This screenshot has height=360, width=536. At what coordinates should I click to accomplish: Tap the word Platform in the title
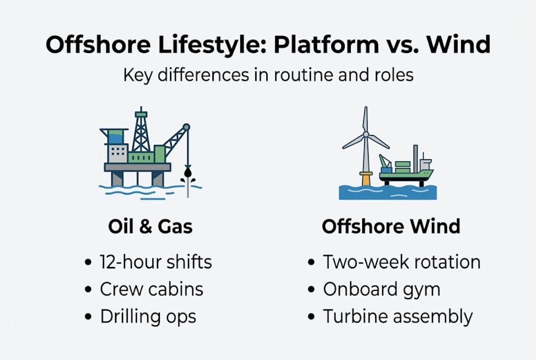(326, 44)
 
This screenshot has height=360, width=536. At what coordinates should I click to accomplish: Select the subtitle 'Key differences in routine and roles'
(268, 75)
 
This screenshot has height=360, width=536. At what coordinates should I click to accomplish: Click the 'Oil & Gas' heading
(150, 226)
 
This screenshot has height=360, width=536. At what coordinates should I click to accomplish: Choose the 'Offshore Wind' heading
(391, 226)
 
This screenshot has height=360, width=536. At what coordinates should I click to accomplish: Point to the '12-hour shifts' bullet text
(156, 262)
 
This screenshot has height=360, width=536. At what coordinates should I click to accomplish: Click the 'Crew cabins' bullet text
(151, 289)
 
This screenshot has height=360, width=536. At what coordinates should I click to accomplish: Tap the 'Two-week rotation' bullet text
(402, 262)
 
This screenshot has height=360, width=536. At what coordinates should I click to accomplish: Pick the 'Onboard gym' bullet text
(382, 290)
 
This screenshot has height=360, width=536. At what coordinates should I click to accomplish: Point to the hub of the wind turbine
(366, 134)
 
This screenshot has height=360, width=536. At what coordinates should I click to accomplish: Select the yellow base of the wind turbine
(366, 178)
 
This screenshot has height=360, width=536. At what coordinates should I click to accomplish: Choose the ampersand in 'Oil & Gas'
(145, 226)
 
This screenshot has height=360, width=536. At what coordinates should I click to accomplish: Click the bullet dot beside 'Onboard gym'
(311, 289)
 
